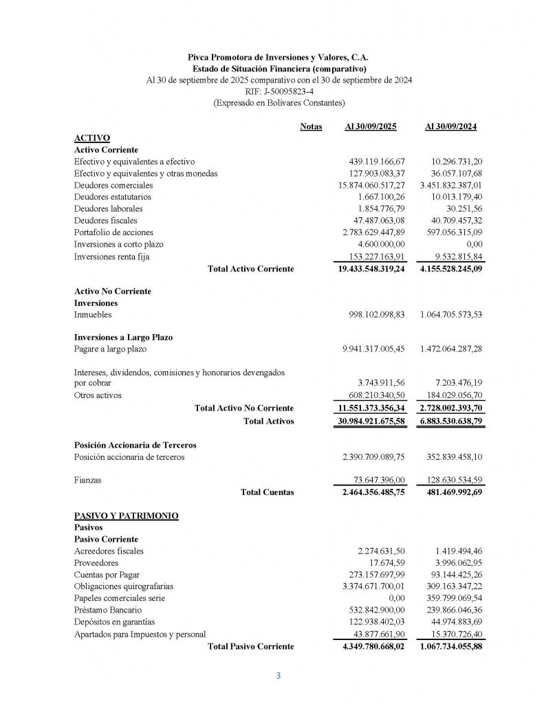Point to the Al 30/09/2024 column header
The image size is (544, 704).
451,127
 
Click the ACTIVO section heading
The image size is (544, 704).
91,137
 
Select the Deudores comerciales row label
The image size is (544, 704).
113,185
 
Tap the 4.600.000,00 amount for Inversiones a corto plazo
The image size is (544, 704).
382,244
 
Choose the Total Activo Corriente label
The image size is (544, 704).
250,269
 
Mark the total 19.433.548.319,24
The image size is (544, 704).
371,269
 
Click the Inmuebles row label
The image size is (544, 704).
93,315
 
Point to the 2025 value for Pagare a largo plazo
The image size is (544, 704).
373,349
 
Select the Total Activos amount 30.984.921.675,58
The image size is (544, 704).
371,421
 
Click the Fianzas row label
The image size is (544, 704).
87,480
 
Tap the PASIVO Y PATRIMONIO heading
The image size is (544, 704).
126,515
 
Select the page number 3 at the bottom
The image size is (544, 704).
279,675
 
